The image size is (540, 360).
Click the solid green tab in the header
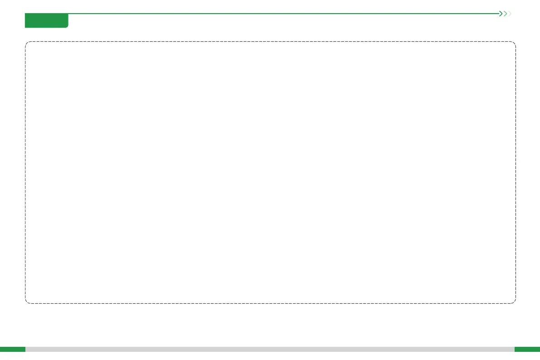point(46,20)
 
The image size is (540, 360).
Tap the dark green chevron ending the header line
point(501,14)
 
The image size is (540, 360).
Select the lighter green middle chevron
point(506,14)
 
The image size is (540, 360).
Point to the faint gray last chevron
point(510,14)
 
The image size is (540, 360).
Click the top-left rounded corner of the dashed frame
point(27,44)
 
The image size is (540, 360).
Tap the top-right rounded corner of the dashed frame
point(514,44)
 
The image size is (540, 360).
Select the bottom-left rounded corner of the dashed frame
point(27,302)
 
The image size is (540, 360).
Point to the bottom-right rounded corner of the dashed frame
point(514,302)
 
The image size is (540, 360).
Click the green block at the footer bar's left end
point(13,349)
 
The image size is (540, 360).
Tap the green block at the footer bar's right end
point(527,349)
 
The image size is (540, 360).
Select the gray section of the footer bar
point(270,349)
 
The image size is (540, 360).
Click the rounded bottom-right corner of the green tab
point(67,26)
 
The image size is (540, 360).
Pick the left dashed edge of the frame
point(25,172)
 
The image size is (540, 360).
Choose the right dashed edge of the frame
point(516,172)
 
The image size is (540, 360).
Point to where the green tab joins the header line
point(68,14)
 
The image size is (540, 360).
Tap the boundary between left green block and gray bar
point(25,349)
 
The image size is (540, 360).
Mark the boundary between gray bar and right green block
point(515,349)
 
